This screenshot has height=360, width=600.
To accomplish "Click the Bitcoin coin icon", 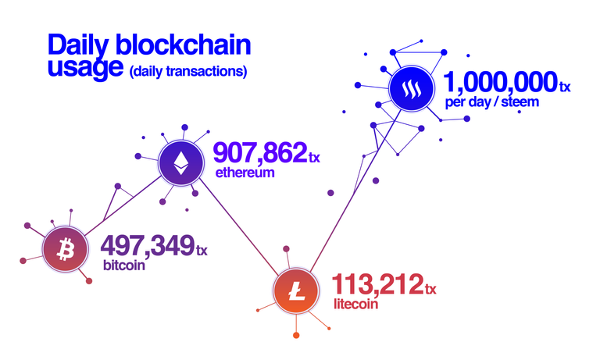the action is [x=66, y=248].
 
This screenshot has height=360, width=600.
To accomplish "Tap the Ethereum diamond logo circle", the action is [x=181, y=163].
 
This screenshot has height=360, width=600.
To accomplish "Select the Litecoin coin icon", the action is [x=296, y=290].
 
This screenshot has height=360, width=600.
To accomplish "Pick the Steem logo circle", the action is [x=412, y=88].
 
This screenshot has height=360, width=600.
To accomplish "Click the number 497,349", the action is [x=148, y=245].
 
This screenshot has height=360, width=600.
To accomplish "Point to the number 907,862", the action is [x=260, y=151].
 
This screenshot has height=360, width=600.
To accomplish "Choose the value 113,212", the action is [x=377, y=284].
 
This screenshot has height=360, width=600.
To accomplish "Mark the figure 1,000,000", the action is [x=501, y=81].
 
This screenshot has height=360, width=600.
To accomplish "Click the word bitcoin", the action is [x=124, y=266].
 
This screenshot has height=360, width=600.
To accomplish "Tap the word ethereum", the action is [x=245, y=173].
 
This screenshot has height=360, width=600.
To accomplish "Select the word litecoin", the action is [x=356, y=304].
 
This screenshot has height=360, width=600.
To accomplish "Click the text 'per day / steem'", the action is [x=492, y=102].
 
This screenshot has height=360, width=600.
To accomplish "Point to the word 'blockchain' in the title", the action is [x=183, y=45].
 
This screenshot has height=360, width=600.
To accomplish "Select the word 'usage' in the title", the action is [x=85, y=68].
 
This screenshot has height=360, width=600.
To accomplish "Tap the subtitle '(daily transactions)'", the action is [x=188, y=72].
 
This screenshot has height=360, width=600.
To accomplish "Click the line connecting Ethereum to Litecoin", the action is [x=239, y=226].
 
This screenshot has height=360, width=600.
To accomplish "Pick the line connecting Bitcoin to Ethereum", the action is [x=123, y=205].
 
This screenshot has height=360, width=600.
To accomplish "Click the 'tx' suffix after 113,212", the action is [x=430, y=289].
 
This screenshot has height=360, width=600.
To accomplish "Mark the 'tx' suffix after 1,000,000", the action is [x=565, y=87].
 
